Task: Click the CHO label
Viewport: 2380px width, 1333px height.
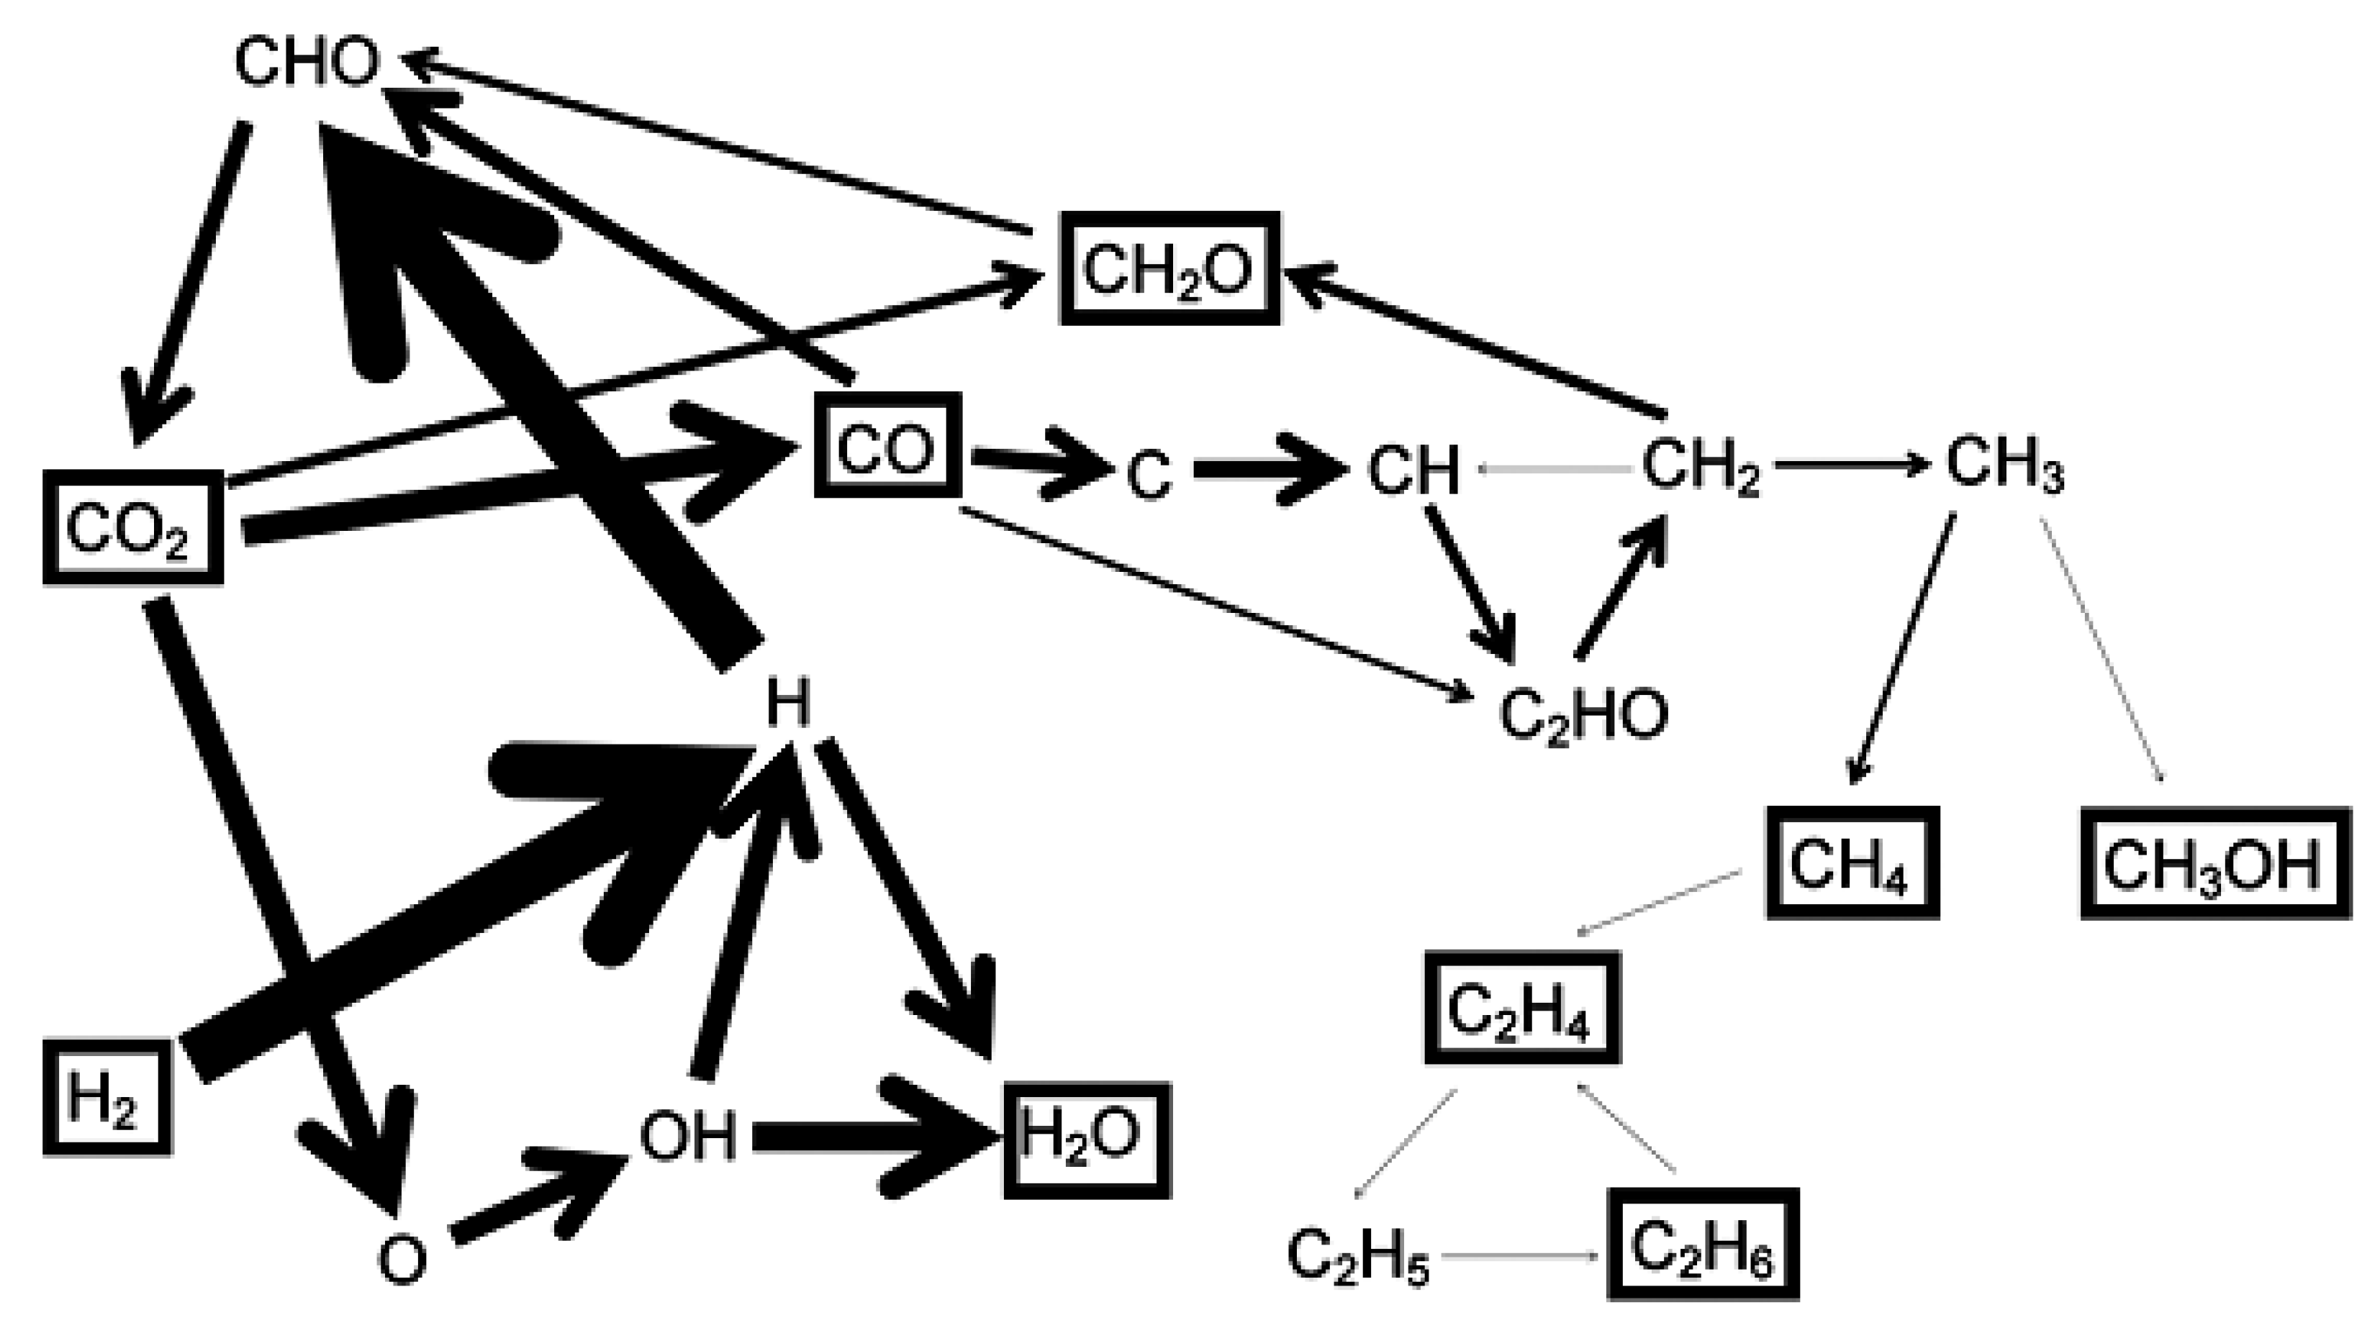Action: coord(307,63)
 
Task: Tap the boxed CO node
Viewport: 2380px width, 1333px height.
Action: coord(887,445)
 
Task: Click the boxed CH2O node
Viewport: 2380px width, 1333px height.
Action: coord(1169,270)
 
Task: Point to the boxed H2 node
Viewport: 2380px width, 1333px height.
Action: coord(107,1098)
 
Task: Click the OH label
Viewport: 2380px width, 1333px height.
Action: coord(688,1136)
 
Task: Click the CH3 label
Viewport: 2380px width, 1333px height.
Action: coord(2003,465)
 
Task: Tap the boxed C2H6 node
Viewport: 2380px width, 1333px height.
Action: coord(1703,1246)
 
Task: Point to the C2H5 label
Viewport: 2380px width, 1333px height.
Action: coord(1357,1256)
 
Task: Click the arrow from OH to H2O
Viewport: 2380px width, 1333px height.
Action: coord(859,1138)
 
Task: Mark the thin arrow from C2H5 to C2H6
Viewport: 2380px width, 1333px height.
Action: coord(1520,1256)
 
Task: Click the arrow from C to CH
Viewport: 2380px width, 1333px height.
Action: coord(1270,469)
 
